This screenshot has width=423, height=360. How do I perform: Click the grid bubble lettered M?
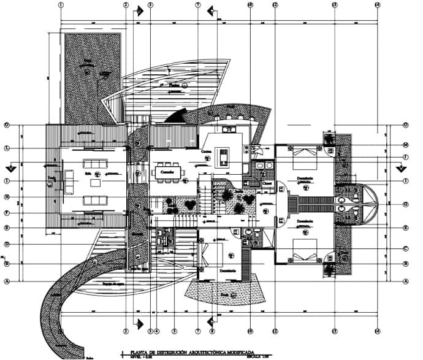406,145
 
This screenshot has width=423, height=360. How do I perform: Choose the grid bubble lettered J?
406,157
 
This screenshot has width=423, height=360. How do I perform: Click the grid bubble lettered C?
406,249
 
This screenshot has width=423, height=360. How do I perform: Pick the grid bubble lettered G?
406,204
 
